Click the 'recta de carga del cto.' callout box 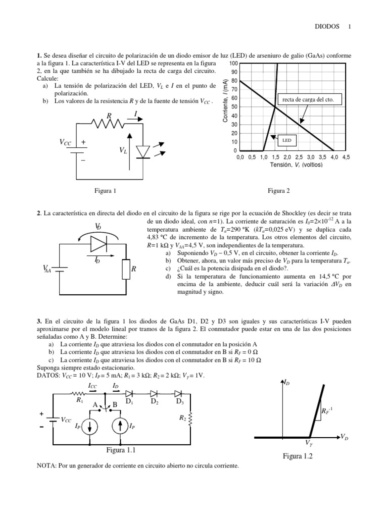(308, 100)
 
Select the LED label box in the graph (286, 141)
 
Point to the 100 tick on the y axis (232, 64)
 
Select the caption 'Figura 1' (105, 191)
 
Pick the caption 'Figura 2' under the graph (279, 191)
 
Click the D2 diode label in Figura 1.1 (155, 402)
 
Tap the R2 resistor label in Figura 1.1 (181, 418)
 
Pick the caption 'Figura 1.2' (298, 456)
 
